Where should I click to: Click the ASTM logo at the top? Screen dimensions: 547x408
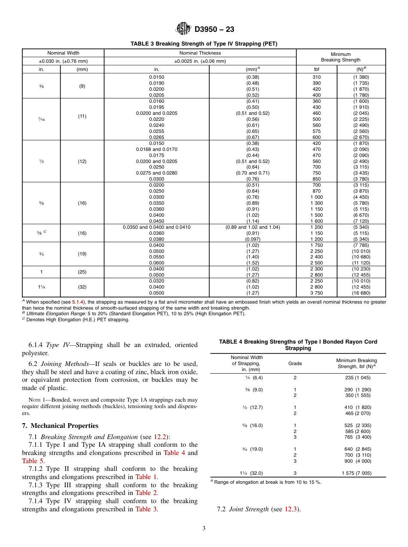click(x=183, y=29)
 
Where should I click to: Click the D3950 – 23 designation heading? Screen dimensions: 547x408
click(x=214, y=30)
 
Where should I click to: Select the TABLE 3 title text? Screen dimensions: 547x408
click(x=204, y=43)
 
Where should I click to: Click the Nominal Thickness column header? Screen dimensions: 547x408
click(x=200, y=53)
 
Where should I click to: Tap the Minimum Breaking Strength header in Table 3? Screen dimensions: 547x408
click(x=341, y=57)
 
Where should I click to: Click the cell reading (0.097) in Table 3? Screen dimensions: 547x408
click(x=253, y=239)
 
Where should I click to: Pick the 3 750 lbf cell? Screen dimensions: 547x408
click(x=317, y=293)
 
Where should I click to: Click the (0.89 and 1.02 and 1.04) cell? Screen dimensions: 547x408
click(x=253, y=227)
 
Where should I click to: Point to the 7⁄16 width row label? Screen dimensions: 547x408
click(x=42, y=119)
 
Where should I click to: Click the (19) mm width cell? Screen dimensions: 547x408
click(x=82, y=254)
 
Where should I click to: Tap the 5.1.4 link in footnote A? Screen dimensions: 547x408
click(x=77, y=302)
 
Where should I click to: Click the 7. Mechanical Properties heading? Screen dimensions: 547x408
click(x=60, y=426)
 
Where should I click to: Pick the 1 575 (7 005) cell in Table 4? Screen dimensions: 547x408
click(x=356, y=473)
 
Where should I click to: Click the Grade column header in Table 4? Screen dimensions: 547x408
click(x=295, y=363)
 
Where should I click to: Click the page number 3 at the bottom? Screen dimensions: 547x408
click(x=204, y=529)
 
